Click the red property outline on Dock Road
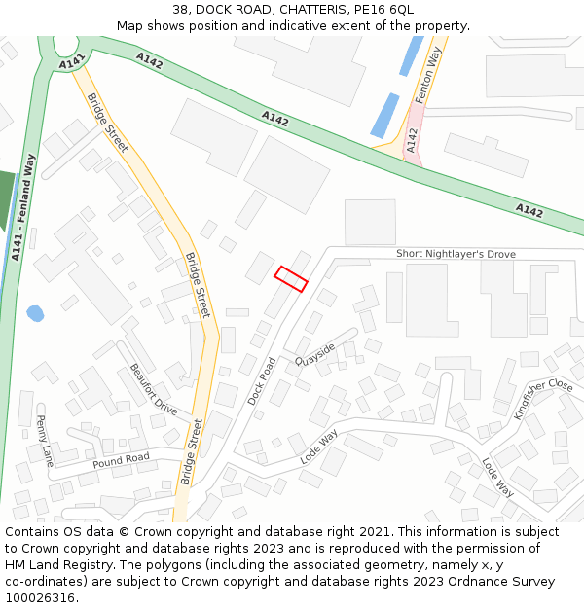coord(291,278)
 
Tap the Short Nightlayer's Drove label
coord(456,254)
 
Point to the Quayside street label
coord(316,357)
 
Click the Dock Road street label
coord(261,380)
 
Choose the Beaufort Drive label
coord(153,389)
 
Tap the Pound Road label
coord(121,459)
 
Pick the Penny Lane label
coord(44,441)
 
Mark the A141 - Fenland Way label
coord(23,207)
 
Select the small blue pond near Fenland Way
coord(35,313)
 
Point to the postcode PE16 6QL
coord(394,9)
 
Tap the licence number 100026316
coord(40,598)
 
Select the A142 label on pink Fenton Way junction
coord(413,141)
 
